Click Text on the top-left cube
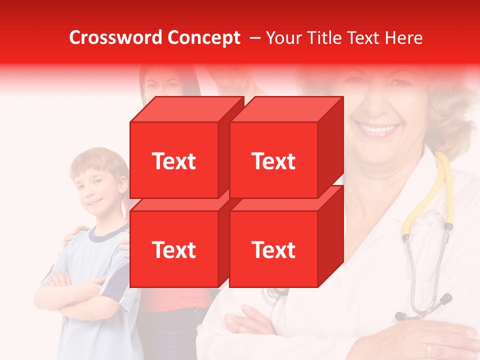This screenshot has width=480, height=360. click(x=173, y=161)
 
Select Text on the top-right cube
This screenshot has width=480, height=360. click(x=273, y=161)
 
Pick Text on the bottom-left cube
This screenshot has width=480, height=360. click(x=173, y=249)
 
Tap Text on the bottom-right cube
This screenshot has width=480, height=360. click(x=273, y=249)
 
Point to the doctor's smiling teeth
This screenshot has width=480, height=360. click(x=379, y=129)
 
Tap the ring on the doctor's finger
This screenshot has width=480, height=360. click(x=429, y=350)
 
